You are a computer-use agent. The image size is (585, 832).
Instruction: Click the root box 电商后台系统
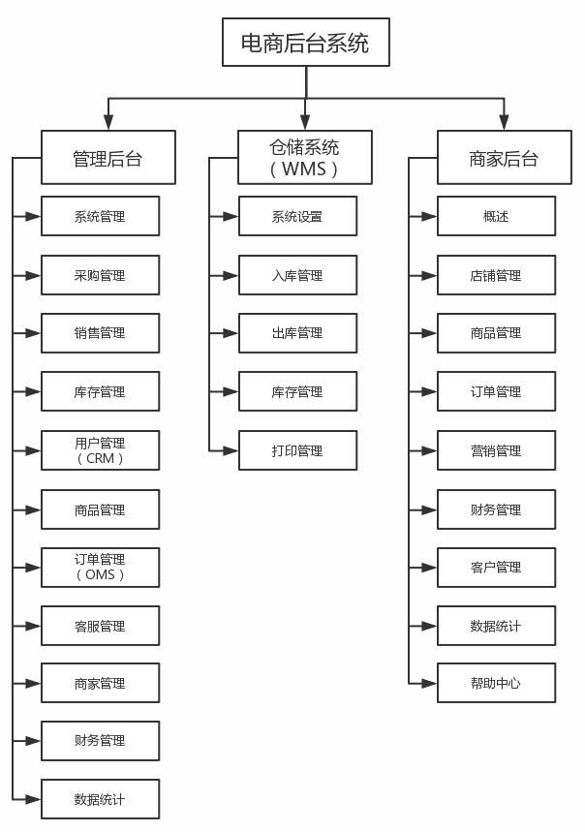pos(305,43)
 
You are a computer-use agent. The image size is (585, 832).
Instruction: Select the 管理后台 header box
pos(108,158)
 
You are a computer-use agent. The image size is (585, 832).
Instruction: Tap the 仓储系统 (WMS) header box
pos(305,158)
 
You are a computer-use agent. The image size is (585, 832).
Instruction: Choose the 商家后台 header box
pos(504,158)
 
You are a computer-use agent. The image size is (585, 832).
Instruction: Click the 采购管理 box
pos(100,275)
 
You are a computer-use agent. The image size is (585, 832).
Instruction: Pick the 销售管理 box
pos(100,333)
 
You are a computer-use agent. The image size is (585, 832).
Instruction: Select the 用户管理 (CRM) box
pos(100,450)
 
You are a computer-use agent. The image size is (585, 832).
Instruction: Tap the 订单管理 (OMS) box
pos(100,567)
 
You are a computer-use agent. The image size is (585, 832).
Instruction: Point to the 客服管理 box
pos(100,626)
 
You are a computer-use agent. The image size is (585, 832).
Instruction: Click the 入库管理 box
pos(297,275)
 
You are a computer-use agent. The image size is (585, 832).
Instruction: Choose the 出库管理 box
pos(297,333)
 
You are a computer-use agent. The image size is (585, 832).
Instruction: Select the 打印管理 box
pos(297,450)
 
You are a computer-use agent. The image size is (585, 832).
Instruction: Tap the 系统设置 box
pos(297,216)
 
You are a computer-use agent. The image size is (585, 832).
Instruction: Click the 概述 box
pos(496,216)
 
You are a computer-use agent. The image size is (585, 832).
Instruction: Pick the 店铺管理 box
pos(496,275)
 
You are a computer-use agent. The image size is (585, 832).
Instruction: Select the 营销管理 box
pos(496,450)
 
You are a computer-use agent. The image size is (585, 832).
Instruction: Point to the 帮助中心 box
pos(496,683)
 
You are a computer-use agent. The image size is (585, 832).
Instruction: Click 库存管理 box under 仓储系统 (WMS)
pos(297,392)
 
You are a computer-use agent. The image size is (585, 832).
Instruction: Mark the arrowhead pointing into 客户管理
pos(430,567)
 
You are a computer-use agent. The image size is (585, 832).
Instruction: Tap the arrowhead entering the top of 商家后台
pos(504,123)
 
